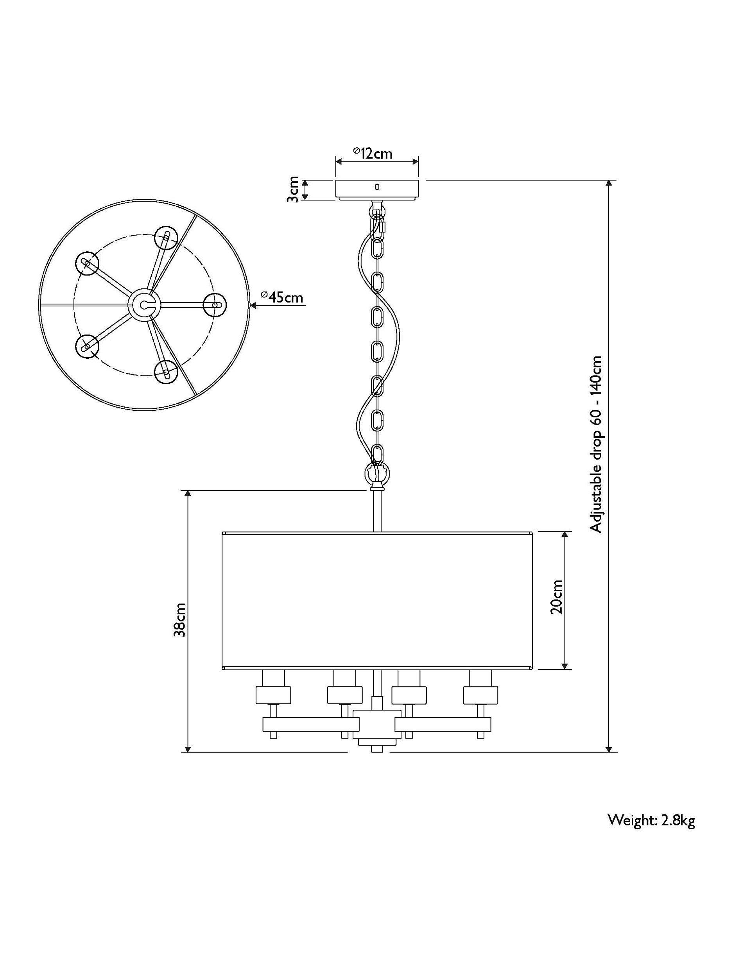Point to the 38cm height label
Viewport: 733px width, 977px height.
coord(179,620)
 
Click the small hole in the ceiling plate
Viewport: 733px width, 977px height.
coord(377,187)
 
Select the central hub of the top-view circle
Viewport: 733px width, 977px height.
coord(143,303)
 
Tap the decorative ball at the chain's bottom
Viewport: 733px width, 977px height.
coord(377,474)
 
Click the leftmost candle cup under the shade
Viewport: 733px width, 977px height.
coord(273,694)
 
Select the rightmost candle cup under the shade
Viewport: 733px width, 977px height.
coord(480,694)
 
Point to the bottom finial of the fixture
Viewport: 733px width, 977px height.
coord(376,749)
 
